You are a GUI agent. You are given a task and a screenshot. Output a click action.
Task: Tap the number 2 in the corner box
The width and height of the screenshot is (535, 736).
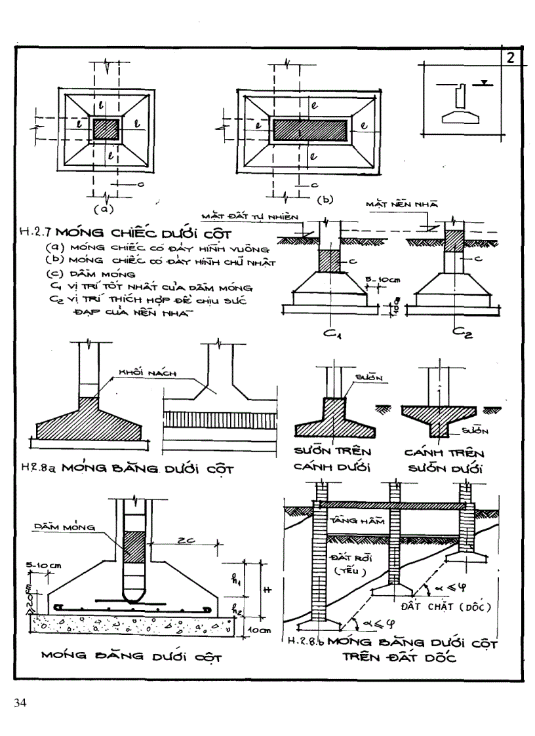click(511, 58)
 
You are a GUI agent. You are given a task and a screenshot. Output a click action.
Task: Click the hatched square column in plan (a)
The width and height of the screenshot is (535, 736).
click(108, 128)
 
